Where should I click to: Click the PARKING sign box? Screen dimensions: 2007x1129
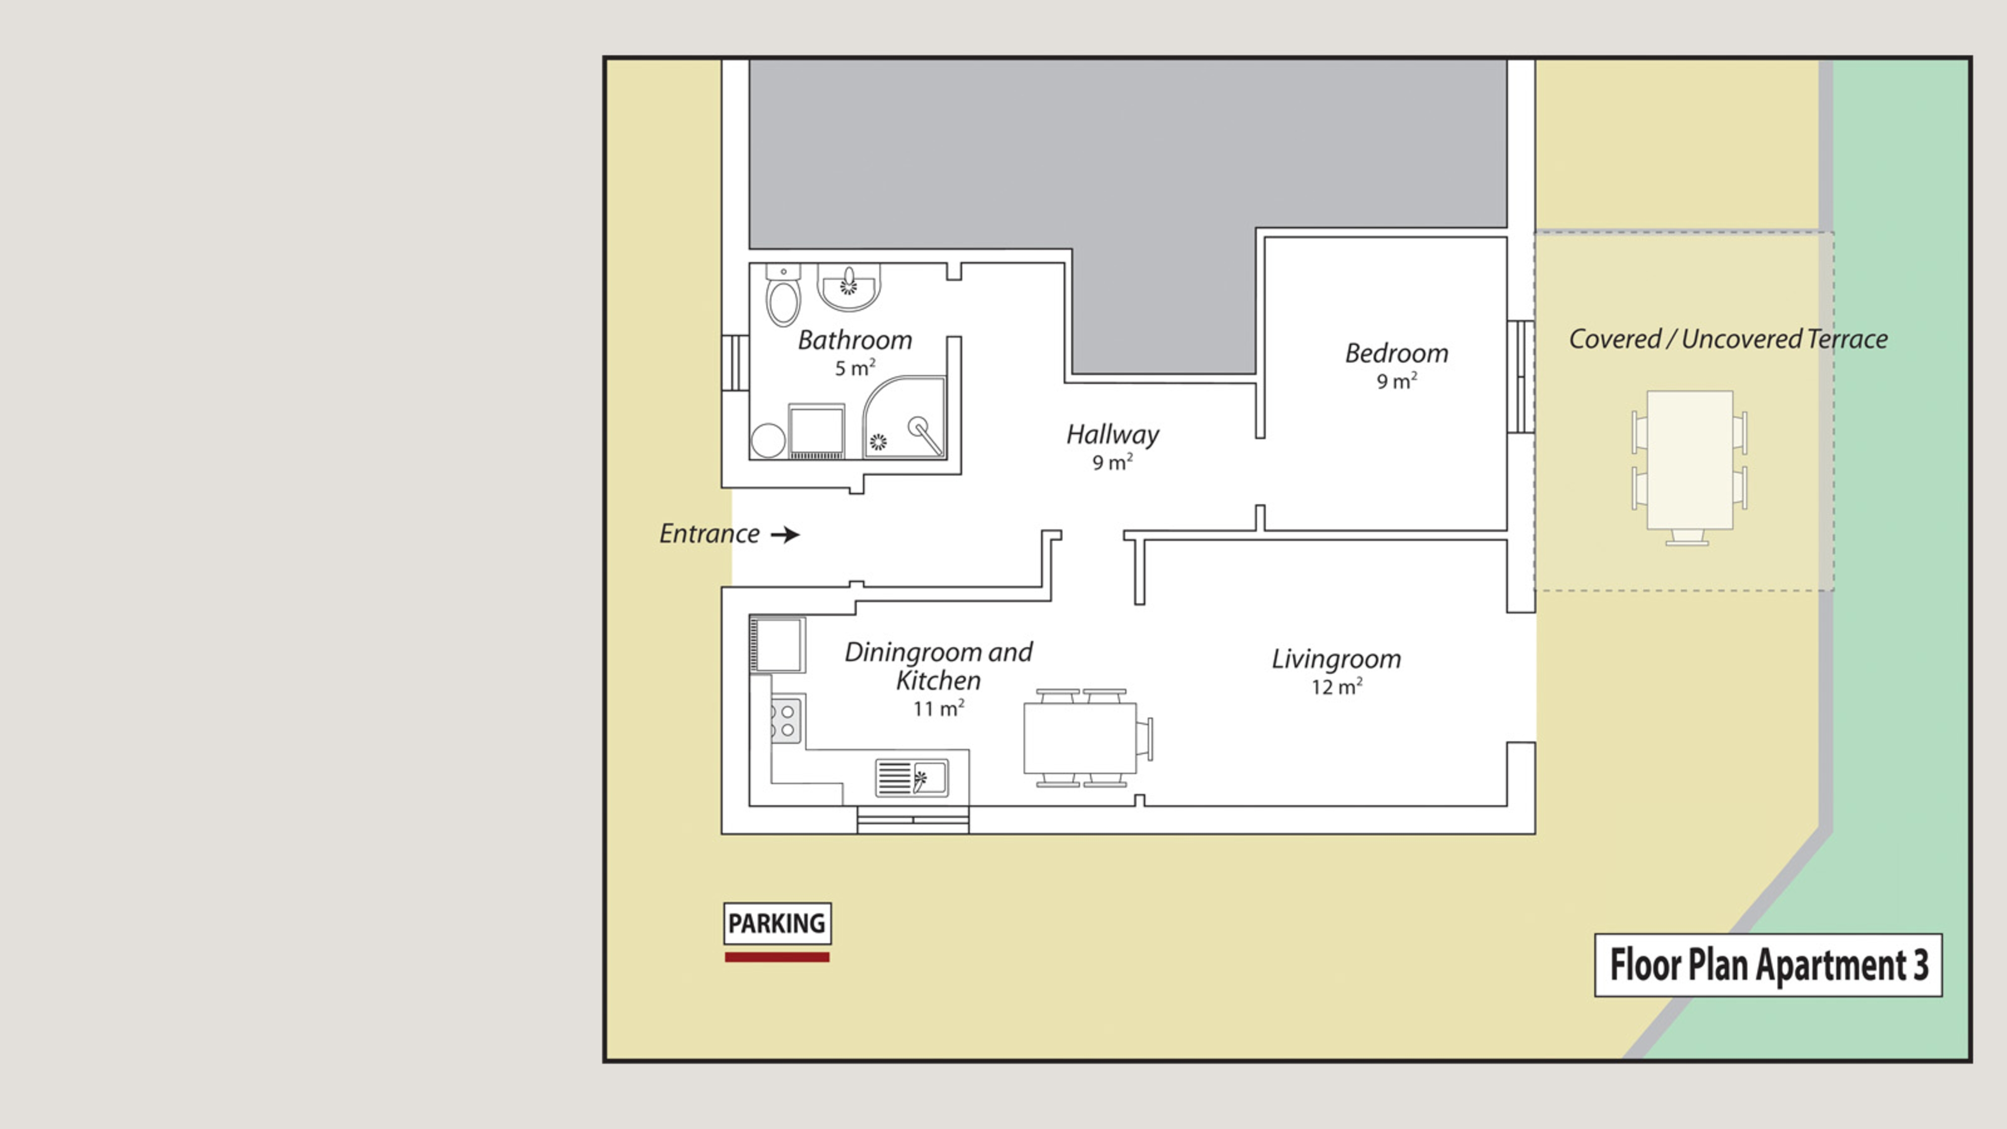pyautogui.click(x=777, y=923)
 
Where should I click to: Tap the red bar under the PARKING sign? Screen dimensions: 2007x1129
pyautogui.click(x=777, y=957)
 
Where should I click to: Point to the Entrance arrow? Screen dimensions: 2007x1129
pyautogui.click(x=785, y=534)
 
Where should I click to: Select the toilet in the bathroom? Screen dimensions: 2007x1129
pyautogui.click(x=783, y=296)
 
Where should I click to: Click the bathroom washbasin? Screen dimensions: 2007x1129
pyautogui.click(x=848, y=286)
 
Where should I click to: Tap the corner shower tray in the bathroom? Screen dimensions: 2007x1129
pyautogui.click(x=905, y=417)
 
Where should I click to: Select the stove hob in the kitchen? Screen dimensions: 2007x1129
pyautogui.click(x=786, y=721)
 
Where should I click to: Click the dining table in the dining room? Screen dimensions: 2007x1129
pyautogui.click(x=1080, y=738)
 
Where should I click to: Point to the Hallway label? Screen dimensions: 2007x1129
pyautogui.click(x=1112, y=435)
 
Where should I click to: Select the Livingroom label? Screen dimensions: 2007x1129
pyautogui.click(x=1336, y=660)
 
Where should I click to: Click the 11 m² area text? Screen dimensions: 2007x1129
pyautogui.click(x=939, y=708)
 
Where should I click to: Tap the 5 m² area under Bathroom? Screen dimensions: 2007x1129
pyautogui.click(x=854, y=368)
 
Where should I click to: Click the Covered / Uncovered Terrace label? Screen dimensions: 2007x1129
pyautogui.click(x=1728, y=339)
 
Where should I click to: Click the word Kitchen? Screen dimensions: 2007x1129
pyautogui.click(x=938, y=680)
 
